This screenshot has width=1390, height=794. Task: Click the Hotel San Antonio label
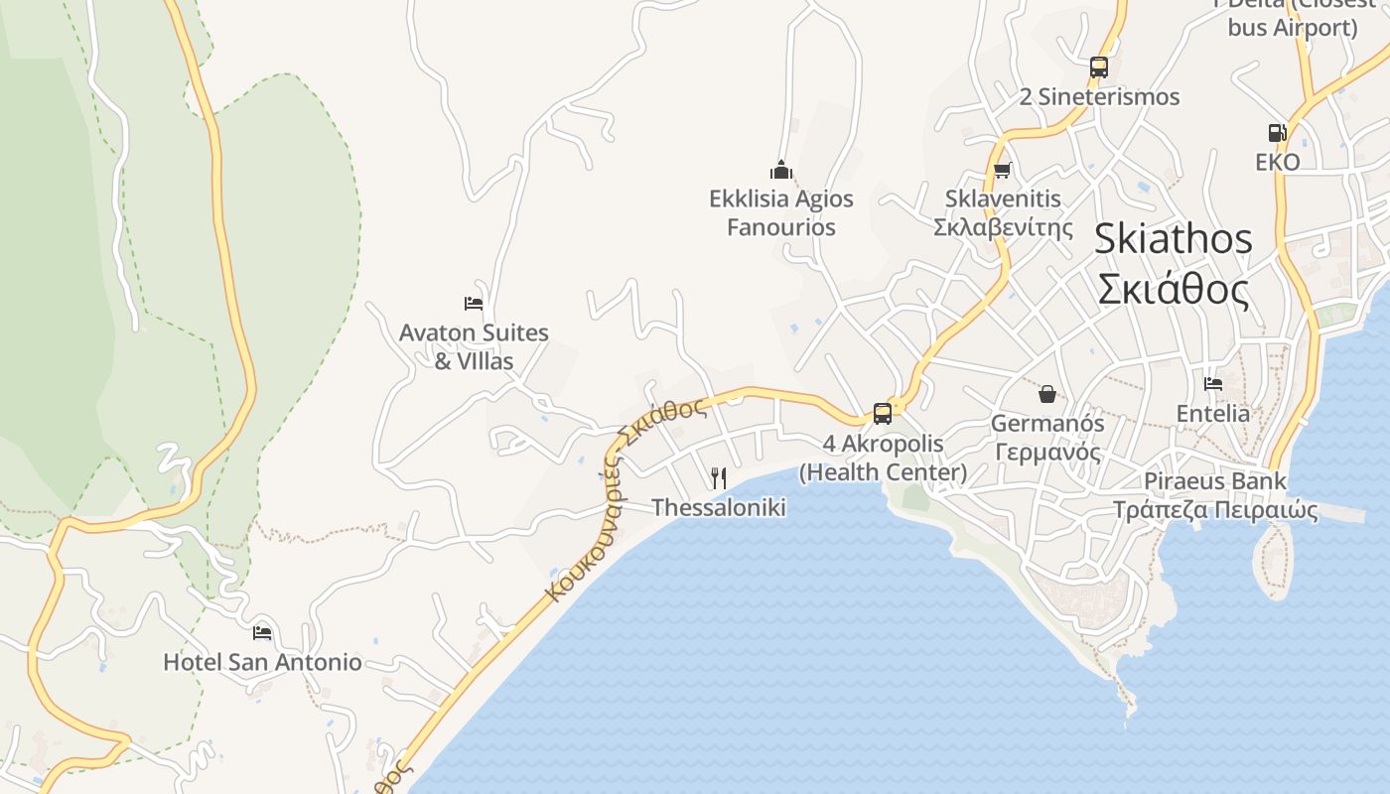pos(262,662)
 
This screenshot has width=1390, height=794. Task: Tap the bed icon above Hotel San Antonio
pos(262,632)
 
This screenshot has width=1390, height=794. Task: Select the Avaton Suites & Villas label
pos(474,346)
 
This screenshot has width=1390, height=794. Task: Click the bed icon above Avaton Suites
pos(474,303)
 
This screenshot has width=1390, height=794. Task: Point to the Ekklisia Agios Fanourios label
pos(780,212)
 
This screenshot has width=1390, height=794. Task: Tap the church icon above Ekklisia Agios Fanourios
pos(781,170)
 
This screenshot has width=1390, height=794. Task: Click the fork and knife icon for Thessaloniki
pos(719,478)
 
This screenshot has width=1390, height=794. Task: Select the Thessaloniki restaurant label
pos(719,508)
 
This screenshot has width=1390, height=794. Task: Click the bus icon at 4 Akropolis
pos(882,414)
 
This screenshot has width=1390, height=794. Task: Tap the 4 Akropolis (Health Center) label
pos(883,458)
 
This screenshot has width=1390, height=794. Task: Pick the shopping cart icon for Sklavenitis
pos(1003,170)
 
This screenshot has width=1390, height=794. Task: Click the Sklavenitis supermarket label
pos(1003,212)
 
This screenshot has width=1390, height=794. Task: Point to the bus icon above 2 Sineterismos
pos(1099,67)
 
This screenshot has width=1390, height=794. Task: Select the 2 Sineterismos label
pos(1099,96)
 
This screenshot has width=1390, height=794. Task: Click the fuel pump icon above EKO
pos(1277,132)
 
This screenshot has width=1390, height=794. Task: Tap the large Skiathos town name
pos(1173,264)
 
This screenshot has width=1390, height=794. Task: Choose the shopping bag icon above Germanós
pos(1047,394)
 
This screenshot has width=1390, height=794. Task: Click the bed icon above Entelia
pos(1212,384)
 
